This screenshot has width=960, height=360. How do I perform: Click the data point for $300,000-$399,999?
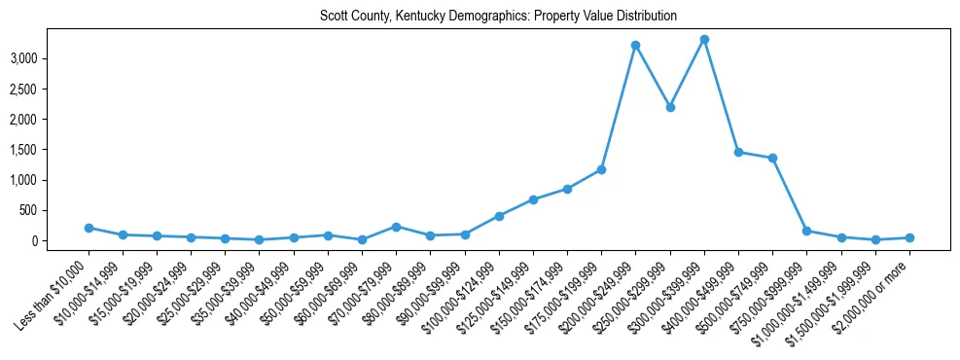704,40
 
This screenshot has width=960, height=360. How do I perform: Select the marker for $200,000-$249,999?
635,45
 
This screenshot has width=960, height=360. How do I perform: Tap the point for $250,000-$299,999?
670,107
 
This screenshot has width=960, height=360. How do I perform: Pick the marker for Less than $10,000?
89,228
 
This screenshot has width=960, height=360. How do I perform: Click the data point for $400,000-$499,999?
738,152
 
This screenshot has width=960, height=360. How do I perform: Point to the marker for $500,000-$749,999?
772,158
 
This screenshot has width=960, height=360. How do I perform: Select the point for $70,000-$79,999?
396,227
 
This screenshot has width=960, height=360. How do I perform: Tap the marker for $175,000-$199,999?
601,169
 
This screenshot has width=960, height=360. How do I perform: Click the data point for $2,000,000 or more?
909,237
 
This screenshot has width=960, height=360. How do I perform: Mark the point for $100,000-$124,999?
499,216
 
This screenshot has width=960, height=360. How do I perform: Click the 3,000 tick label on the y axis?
50,58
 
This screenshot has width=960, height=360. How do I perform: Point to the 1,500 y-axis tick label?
50,150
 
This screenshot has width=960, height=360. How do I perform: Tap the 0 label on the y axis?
60,240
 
